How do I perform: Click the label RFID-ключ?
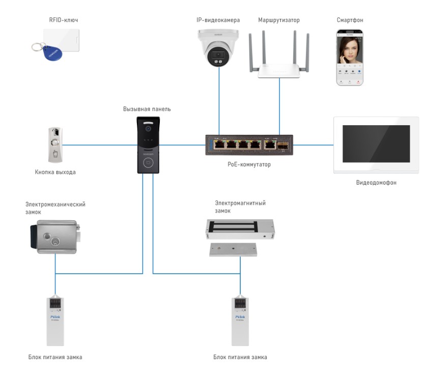coord(63,20)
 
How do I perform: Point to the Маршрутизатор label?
coord(279,20)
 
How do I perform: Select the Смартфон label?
coord(350,20)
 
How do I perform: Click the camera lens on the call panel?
coord(149,129)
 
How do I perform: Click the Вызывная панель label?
coord(147,109)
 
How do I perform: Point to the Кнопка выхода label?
coord(55,172)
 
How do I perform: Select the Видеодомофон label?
coord(376,182)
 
